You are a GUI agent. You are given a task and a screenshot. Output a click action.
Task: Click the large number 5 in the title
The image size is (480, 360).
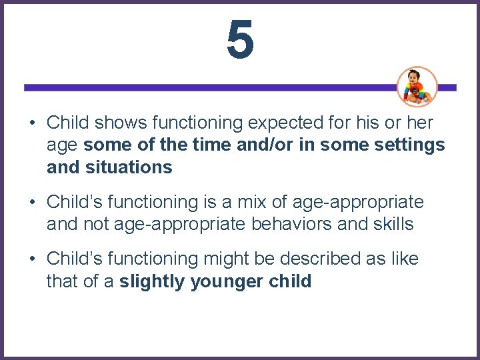240,39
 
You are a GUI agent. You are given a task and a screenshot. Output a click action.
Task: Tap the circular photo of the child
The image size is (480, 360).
417,87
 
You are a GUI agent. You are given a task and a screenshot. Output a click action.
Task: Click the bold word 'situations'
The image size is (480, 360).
129,167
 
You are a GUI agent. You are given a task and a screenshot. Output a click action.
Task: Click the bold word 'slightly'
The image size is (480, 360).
152,281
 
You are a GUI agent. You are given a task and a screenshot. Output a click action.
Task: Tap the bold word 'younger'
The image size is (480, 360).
217,281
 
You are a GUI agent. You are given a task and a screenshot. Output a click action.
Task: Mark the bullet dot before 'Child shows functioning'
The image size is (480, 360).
32,123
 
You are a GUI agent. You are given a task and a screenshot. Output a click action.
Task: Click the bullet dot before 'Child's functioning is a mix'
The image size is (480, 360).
32,202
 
